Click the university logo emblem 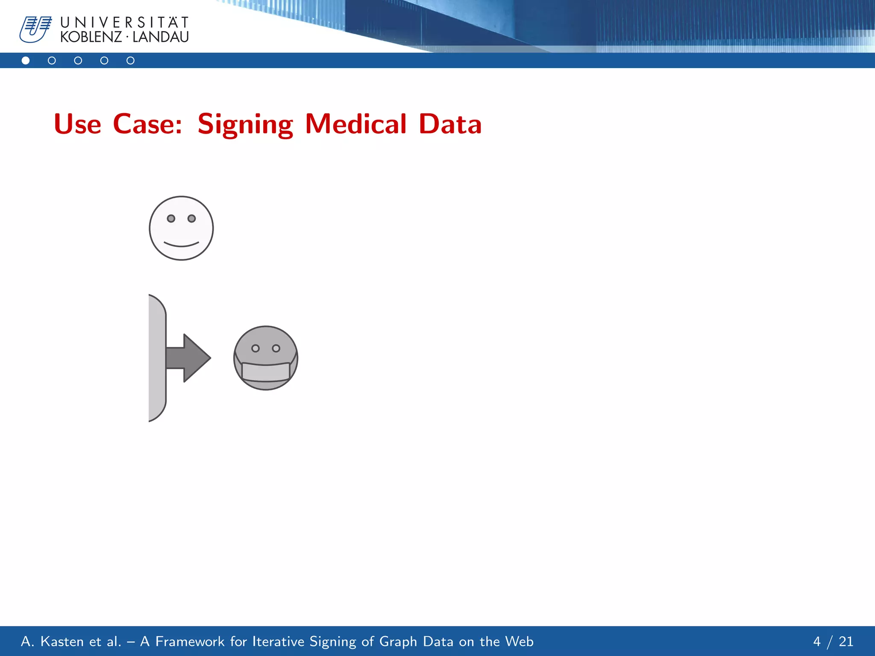click(x=35, y=29)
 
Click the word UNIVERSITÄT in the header click(x=124, y=22)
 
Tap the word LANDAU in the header click(x=161, y=37)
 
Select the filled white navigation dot click(x=26, y=61)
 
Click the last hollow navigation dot click(x=130, y=61)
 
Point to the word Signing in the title click(x=245, y=124)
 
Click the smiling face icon click(x=181, y=228)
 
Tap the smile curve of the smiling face click(x=181, y=245)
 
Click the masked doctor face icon click(x=266, y=358)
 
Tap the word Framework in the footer click(x=190, y=641)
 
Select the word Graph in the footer click(x=398, y=641)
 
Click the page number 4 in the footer click(x=817, y=641)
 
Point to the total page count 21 click(x=846, y=641)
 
